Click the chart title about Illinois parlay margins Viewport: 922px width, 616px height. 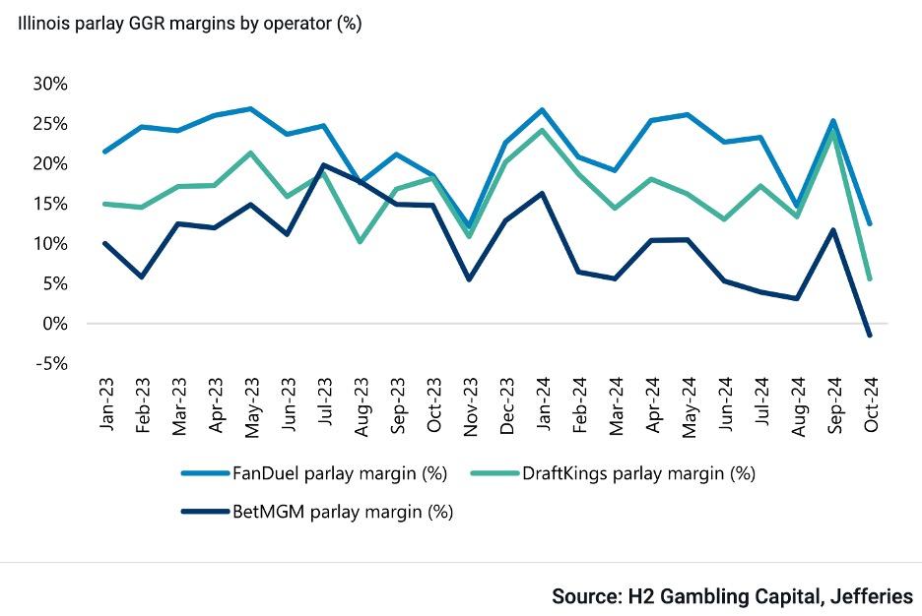coord(188,24)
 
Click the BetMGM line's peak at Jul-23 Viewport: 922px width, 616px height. coord(323,164)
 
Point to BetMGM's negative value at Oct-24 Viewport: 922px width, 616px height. coord(869,336)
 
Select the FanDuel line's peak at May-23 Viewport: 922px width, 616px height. coord(250,108)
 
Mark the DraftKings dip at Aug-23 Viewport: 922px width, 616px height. coord(360,241)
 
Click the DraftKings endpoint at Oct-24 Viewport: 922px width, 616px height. coord(869,278)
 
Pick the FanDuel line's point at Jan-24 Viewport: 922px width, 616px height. coord(542,109)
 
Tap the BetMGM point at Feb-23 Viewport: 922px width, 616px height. coord(141,277)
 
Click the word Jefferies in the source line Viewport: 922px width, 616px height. coord(872,595)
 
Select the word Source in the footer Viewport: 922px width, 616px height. coord(586,595)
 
